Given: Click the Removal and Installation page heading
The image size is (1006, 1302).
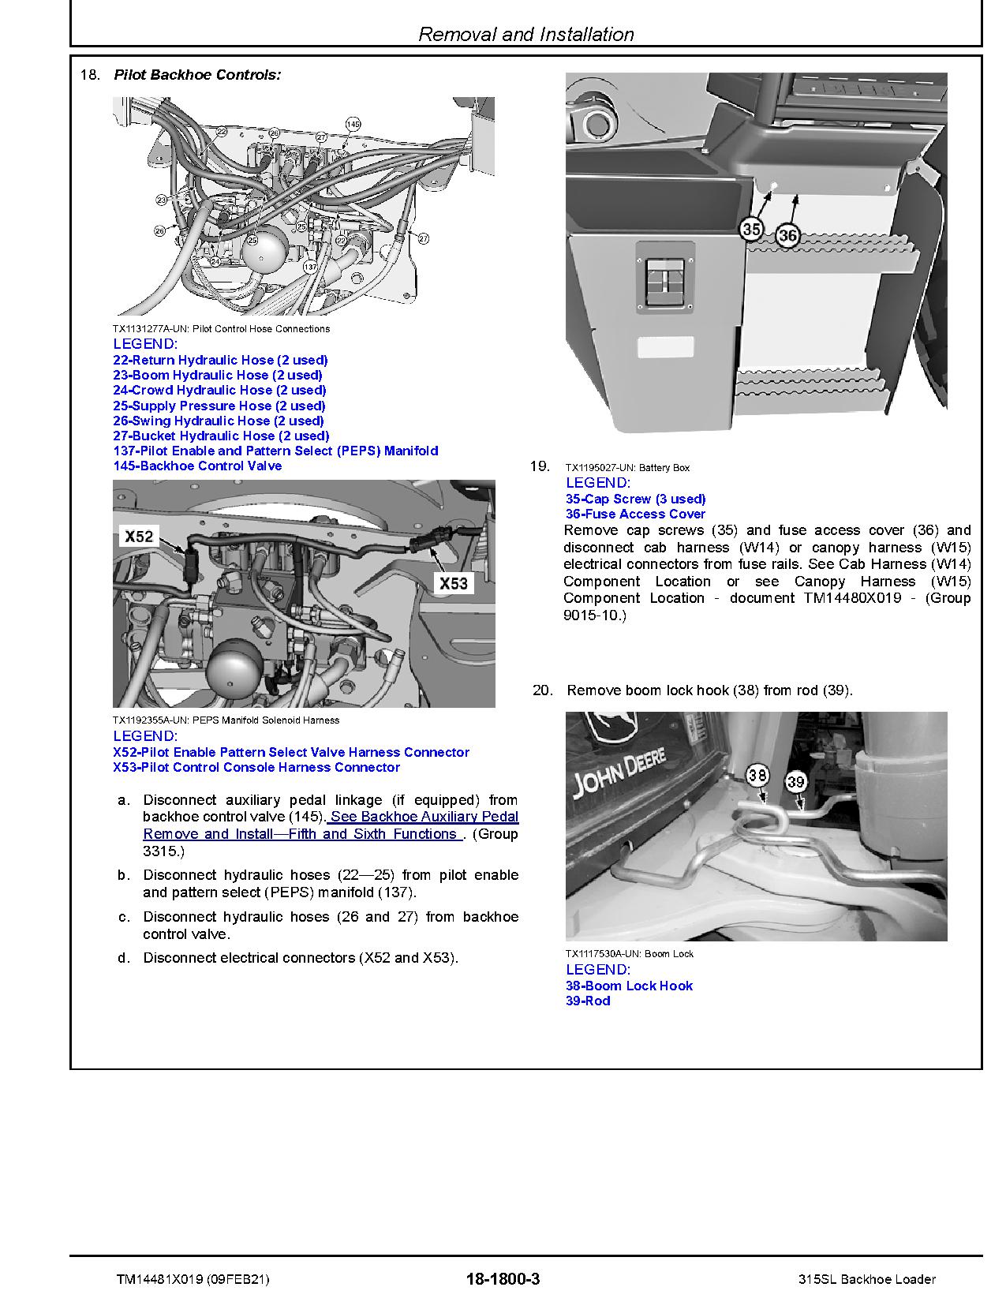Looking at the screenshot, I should click(x=525, y=35).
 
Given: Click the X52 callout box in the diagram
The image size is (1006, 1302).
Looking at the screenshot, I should click(x=139, y=537).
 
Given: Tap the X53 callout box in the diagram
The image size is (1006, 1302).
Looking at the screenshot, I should click(x=454, y=584).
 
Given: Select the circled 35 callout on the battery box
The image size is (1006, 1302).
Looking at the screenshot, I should click(x=751, y=230).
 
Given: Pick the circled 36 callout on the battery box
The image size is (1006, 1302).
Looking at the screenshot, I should click(x=787, y=235).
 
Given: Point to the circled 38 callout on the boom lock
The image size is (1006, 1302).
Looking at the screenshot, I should click(x=757, y=775).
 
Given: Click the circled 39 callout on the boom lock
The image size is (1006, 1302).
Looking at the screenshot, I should click(x=795, y=782).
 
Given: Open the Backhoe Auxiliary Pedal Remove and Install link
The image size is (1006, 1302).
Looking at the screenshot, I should click(x=331, y=825).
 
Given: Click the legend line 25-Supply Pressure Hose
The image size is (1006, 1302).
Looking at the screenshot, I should click(x=219, y=406).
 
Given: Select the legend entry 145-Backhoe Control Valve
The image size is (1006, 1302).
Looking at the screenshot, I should click(x=197, y=466).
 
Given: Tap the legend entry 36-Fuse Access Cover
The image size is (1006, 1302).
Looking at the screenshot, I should click(x=635, y=514).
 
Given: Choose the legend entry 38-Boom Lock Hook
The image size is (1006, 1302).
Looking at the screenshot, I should click(x=629, y=986).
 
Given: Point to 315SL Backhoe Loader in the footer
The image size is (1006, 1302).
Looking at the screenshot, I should click(x=866, y=1279).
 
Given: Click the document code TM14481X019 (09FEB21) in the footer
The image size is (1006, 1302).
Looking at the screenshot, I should click(x=192, y=1279).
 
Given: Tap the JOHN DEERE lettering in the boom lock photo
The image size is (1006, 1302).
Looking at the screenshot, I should click(x=620, y=772).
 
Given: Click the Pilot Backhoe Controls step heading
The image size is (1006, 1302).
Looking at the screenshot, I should click(x=197, y=75).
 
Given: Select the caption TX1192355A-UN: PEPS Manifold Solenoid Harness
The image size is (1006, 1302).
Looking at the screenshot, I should click(x=226, y=720).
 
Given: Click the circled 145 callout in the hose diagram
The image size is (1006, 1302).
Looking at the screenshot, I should click(x=353, y=125).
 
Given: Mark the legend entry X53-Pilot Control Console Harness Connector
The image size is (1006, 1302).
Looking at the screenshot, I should click(x=256, y=767).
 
